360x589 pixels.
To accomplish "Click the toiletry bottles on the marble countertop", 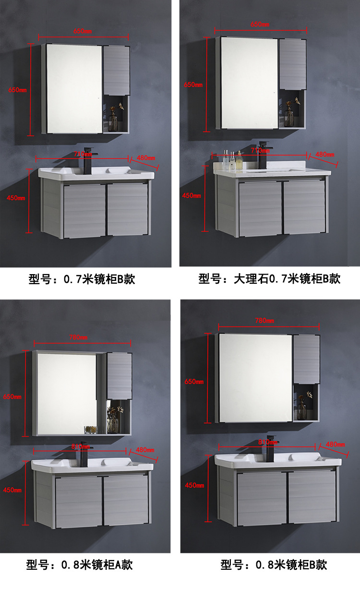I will coord(232,160).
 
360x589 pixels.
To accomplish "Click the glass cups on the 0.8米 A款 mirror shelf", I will coord(91,429).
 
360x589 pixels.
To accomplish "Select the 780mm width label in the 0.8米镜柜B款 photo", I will coord(264,321).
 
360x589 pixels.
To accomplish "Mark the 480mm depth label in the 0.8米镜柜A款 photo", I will coord(146,450).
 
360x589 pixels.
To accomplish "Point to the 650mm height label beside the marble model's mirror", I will coord(193,84).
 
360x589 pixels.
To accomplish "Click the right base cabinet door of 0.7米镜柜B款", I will coord(127,209).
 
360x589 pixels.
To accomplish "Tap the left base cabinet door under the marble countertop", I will coord(260,208).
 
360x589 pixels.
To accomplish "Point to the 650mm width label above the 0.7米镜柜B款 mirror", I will coord(83,31).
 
